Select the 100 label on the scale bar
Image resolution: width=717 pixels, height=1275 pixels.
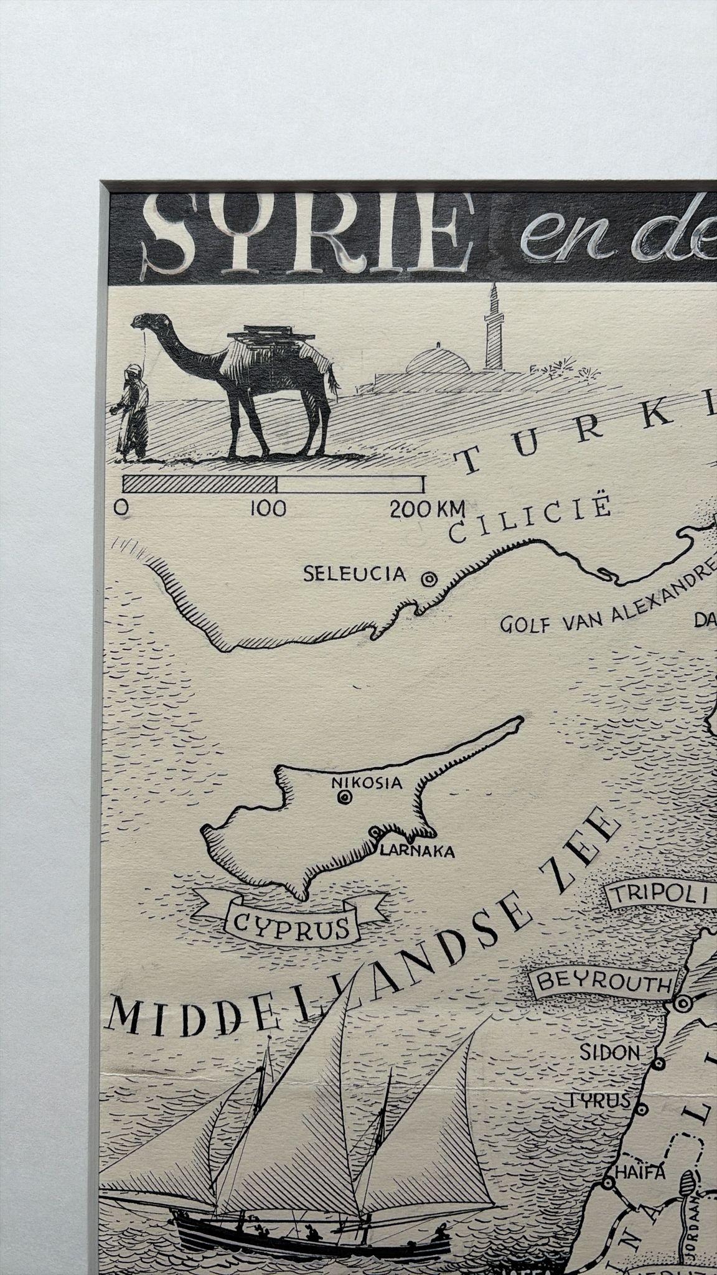click(x=268, y=509)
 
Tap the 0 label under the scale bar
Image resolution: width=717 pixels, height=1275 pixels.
click(x=122, y=507)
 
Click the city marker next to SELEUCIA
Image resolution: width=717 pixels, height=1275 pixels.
click(x=428, y=578)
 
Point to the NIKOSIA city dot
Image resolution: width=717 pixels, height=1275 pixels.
click(x=344, y=796)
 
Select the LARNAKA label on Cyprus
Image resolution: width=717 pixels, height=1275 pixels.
click(x=417, y=852)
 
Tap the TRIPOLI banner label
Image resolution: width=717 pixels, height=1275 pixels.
click(x=660, y=895)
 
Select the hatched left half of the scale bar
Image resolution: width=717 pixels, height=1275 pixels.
click(x=200, y=484)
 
